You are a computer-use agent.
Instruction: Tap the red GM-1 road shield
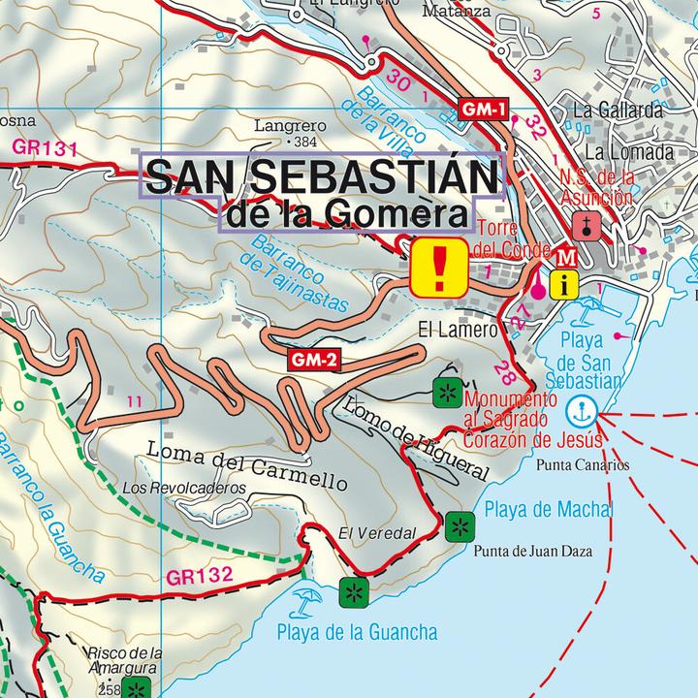pyautogui.click(x=483, y=111)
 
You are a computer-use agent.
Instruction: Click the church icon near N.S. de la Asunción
pyautogui.click(x=586, y=225)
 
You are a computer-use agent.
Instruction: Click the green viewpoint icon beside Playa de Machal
pyautogui.click(x=457, y=528)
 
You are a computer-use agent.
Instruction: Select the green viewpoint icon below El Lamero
pyautogui.click(x=446, y=393)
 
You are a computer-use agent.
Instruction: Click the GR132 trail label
pyautogui.click(x=200, y=575)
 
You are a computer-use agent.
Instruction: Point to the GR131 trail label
pyautogui.click(x=45, y=147)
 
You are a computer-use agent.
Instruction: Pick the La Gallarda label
pyautogui.click(x=617, y=110)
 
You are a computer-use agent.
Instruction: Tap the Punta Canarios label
pyautogui.click(x=582, y=464)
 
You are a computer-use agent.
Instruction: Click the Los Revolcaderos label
pyautogui.click(x=185, y=488)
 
